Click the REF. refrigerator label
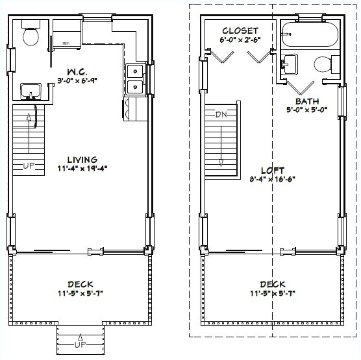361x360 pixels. [x=66, y=43]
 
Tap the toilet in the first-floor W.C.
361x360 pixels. [x=30, y=35]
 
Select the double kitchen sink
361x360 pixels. [x=135, y=78]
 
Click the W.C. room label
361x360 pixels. [x=79, y=71]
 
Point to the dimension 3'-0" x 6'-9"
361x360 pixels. [x=79, y=81]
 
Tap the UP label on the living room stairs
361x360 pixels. [x=29, y=166]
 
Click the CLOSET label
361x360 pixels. [x=240, y=30]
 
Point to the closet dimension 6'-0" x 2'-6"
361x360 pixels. [x=240, y=40]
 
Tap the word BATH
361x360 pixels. [x=306, y=102]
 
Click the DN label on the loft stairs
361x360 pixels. [x=222, y=114]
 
